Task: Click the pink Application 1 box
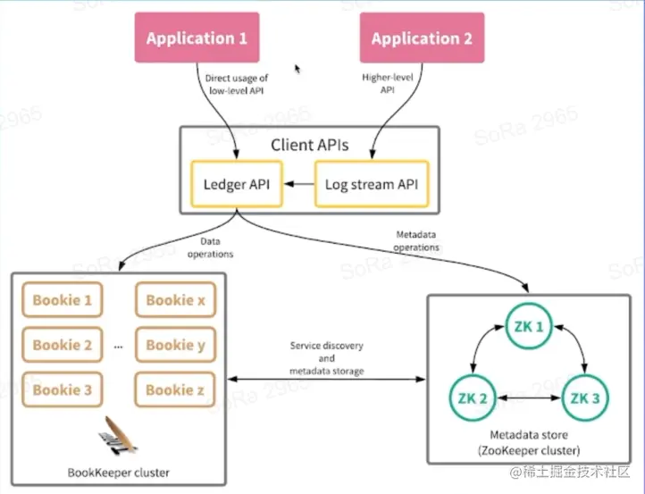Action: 197,38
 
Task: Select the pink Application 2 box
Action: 422,38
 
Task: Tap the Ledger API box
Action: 236,185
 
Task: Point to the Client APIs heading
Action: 310,144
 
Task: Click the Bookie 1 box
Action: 63,300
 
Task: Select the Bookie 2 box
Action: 63,345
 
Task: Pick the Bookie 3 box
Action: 63,389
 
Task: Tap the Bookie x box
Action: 175,300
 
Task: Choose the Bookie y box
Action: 175,345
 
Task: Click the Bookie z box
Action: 175,389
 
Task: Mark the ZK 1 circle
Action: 528,327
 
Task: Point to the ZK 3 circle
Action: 585,397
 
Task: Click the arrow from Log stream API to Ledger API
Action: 298,185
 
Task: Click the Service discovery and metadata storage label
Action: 327,357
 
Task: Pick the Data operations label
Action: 211,247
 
